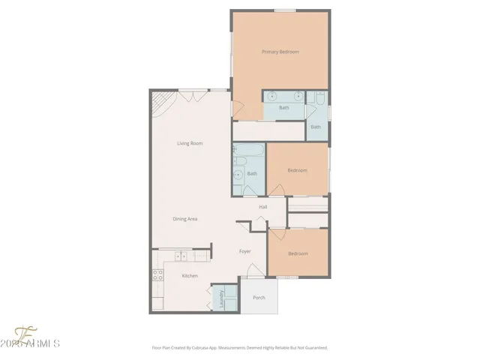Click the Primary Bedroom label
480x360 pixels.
coord(280,52)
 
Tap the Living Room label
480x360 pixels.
coord(190,143)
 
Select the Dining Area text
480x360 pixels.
coord(184,219)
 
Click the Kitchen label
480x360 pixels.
coord(190,277)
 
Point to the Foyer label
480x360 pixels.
coord(244,251)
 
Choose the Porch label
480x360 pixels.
coord(259,298)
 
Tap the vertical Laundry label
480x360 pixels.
coord(222,298)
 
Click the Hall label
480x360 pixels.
coord(263,207)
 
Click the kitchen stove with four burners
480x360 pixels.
coord(158,274)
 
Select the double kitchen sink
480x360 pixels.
coord(181,256)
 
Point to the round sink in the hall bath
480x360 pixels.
coord(238,177)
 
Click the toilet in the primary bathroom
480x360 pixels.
coord(319,98)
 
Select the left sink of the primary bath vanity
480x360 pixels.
coord(271,96)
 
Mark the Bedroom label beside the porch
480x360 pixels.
coord(298,253)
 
